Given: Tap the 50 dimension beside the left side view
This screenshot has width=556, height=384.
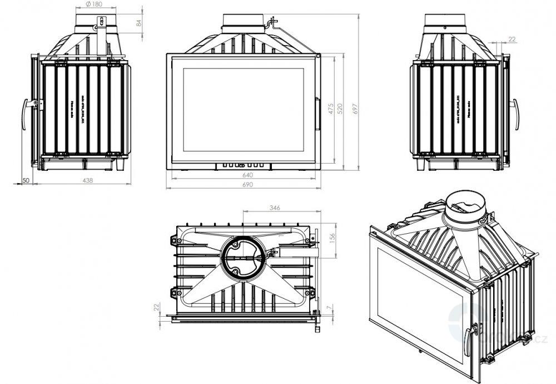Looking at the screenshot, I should [x=26, y=180].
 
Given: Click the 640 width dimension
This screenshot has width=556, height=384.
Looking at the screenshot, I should [x=247, y=175].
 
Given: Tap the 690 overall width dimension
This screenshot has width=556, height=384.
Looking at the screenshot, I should [x=247, y=185].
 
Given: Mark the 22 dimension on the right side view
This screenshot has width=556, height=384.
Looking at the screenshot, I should [x=512, y=39].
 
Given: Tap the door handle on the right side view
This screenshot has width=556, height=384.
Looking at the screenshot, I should [x=517, y=115].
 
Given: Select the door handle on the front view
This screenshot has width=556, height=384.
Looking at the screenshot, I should [x=318, y=114].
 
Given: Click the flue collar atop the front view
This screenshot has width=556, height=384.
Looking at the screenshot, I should [x=243, y=22].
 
